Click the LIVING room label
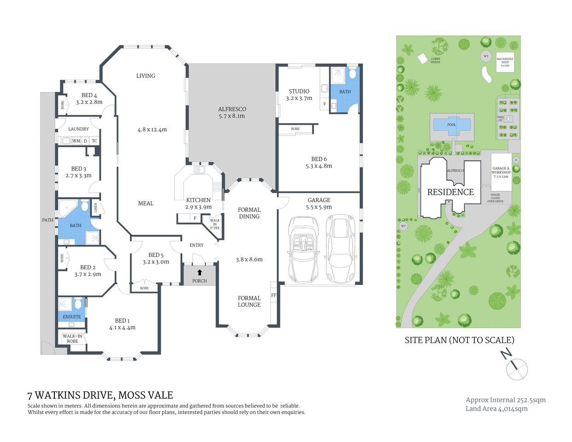point(146,76)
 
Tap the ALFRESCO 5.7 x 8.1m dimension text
point(232,116)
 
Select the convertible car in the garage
point(302,250)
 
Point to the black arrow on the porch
point(199,273)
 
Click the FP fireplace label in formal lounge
point(274,295)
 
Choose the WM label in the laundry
point(76,141)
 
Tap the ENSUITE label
point(71,317)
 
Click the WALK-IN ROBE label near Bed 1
point(72,338)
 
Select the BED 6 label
point(319,159)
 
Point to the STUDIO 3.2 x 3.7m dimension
point(299,98)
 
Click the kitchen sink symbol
point(199,169)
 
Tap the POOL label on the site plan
point(451,125)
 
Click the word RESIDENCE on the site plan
point(450,192)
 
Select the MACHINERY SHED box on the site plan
point(505,62)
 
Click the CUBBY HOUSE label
point(435,60)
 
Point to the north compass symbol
point(516,368)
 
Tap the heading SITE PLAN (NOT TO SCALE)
point(459,340)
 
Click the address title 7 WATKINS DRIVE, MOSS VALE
point(100,395)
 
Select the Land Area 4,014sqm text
point(496,408)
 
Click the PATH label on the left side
point(47,220)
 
